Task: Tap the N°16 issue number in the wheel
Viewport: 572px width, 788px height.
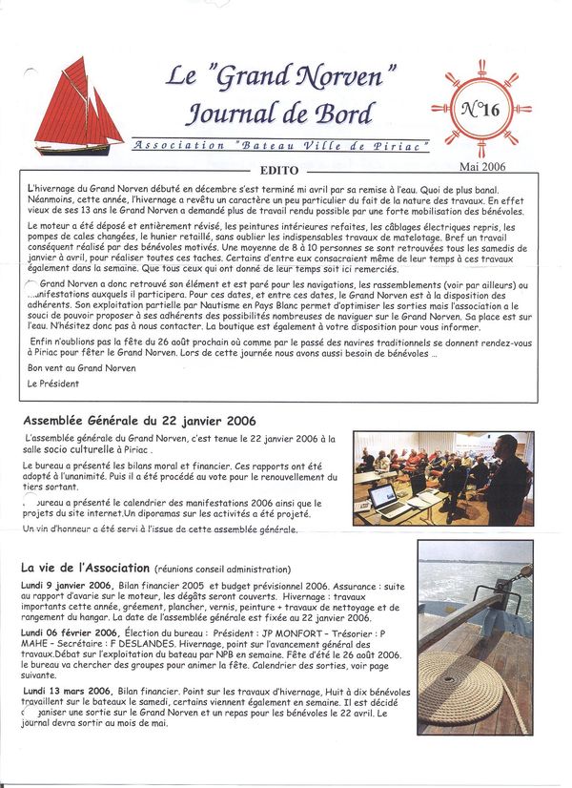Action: pyautogui.click(x=480, y=109)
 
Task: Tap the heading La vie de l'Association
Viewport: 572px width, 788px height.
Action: pyautogui.click(x=86, y=568)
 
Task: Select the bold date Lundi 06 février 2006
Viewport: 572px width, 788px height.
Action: pyautogui.click(x=71, y=632)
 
